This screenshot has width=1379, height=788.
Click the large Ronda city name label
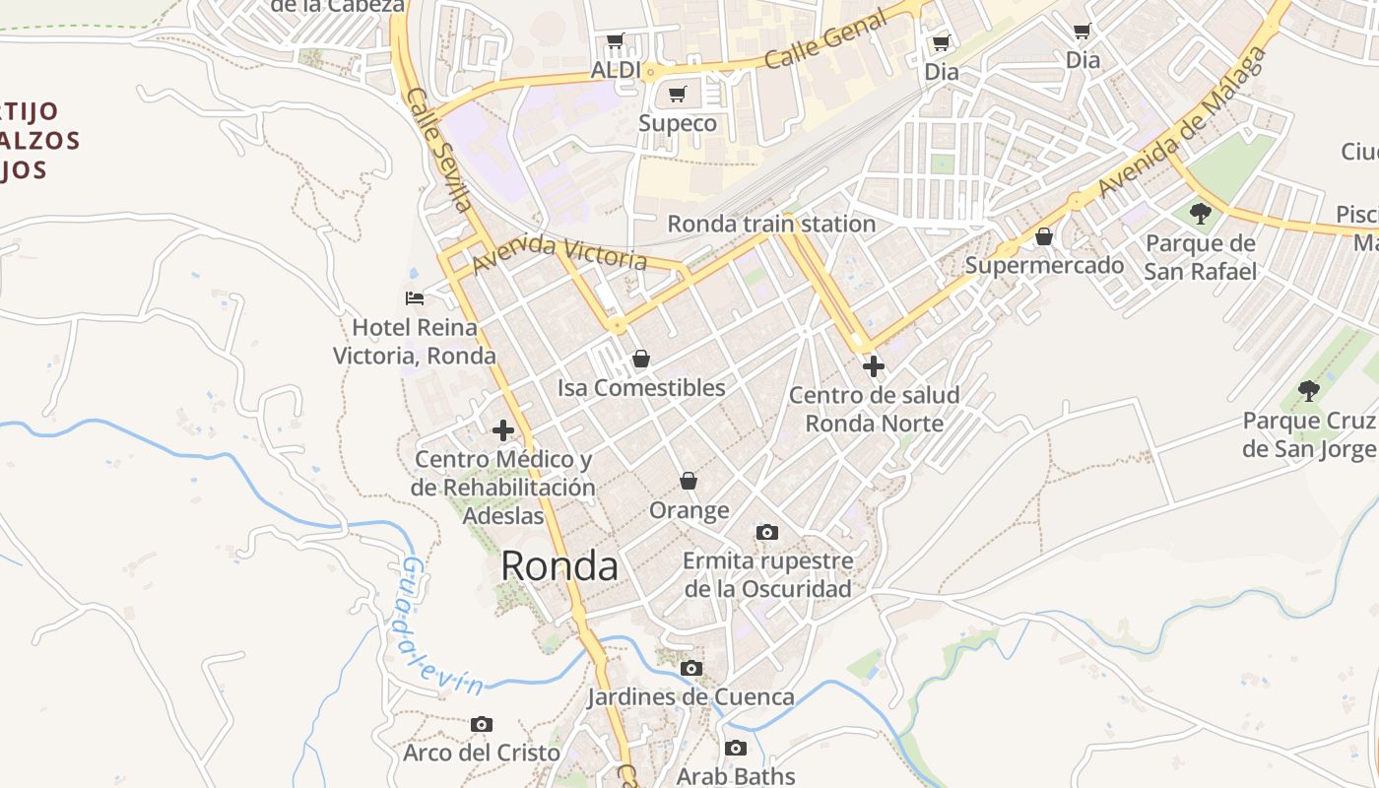coord(559,566)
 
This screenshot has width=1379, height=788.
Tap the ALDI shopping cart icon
coord(616,41)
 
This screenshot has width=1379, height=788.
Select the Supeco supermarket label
coord(678,123)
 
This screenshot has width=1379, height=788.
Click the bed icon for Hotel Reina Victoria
coord(415,297)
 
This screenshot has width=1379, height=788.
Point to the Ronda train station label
coord(771,224)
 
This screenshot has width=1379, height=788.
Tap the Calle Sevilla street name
coord(439,150)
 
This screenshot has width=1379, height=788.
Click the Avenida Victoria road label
coord(558,254)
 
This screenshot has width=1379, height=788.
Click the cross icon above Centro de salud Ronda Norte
coord(873,366)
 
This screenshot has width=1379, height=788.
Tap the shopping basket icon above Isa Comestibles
coord(641,359)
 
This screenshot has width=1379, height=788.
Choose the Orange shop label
coord(689,510)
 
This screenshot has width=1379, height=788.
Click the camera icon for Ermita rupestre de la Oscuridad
coord(767,532)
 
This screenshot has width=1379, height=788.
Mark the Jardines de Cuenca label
coord(690,697)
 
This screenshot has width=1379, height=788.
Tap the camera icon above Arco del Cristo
coord(481,724)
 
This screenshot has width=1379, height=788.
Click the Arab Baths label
coord(735,776)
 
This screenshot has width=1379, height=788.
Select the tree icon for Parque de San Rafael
coord(1200,213)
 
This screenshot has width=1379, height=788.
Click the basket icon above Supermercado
coord(1044,236)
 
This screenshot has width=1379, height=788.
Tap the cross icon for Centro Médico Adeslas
coord(503,430)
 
